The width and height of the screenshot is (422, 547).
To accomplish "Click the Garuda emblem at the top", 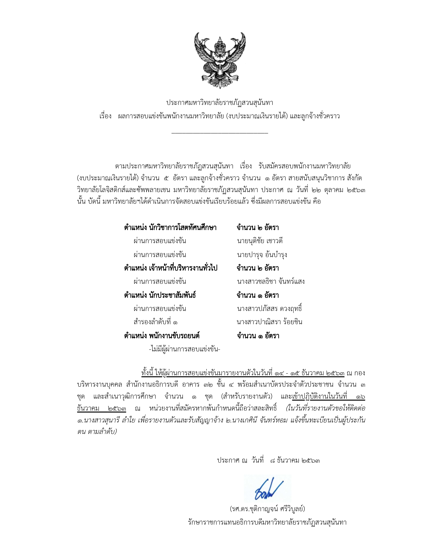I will coord(220,60).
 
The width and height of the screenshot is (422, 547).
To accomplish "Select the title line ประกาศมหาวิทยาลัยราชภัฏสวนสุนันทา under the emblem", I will coord(220,103).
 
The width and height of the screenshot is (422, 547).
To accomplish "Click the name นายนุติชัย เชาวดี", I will coord(260,241).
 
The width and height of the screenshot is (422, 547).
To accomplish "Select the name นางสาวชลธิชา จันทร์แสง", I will coord(271,281).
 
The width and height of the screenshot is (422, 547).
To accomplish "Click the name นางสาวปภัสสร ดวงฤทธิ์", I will coord(269,309).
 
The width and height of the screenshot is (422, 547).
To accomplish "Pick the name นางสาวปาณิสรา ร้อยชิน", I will coord(269,322).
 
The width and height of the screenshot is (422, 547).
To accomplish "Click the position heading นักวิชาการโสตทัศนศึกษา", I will coord(170,228).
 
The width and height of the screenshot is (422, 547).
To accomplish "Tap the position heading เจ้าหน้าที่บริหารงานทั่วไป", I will coord(171,268).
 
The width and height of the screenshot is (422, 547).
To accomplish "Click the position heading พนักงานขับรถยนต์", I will coord(162,336).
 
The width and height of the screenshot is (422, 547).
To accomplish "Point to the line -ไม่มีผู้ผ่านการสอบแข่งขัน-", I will coord(184,349).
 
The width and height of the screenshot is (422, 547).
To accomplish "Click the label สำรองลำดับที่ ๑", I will coord(156,322).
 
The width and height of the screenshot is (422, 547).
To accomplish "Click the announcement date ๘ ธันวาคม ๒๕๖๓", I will coord(295,460).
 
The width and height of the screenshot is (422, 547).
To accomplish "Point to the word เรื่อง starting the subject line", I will coord(105,116).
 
